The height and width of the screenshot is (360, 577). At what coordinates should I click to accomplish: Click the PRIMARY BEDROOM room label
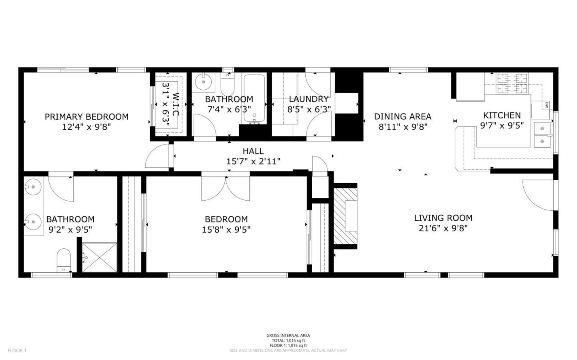pyautogui.click(x=87, y=117)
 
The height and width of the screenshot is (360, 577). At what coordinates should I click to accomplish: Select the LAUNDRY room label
pyautogui.click(x=309, y=99)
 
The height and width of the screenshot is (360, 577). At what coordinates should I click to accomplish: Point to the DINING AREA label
pyautogui.click(x=403, y=117)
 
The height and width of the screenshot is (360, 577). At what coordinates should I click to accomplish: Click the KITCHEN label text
pyautogui.click(x=502, y=115)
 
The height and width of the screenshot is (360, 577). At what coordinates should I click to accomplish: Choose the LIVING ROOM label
pyautogui.click(x=443, y=218)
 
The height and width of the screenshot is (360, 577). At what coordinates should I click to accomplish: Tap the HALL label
pyautogui.click(x=253, y=151)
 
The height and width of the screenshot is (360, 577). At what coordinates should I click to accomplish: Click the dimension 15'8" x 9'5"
pyautogui.click(x=226, y=230)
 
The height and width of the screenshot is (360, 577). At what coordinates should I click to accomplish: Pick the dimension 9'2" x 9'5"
pyautogui.click(x=70, y=230)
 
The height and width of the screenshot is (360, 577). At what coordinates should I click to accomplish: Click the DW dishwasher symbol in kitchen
pyautogui.click(x=547, y=105)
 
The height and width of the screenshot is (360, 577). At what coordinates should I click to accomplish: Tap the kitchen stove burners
pyautogui.click(x=512, y=83)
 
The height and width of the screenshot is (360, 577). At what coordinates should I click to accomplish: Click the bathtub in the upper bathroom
pyautogui.click(x=254, y=99)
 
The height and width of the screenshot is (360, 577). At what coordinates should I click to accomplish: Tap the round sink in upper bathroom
pyautogui.click(x=204, y=82)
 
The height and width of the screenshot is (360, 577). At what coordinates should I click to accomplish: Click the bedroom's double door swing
pyautogui.click(x=226, y=188)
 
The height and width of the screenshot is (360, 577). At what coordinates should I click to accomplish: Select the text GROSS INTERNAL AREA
pyautogui.click(x=288, y=336)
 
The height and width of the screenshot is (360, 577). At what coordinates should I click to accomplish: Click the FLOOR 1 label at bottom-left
pyautogui.click(x=17, y=350)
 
